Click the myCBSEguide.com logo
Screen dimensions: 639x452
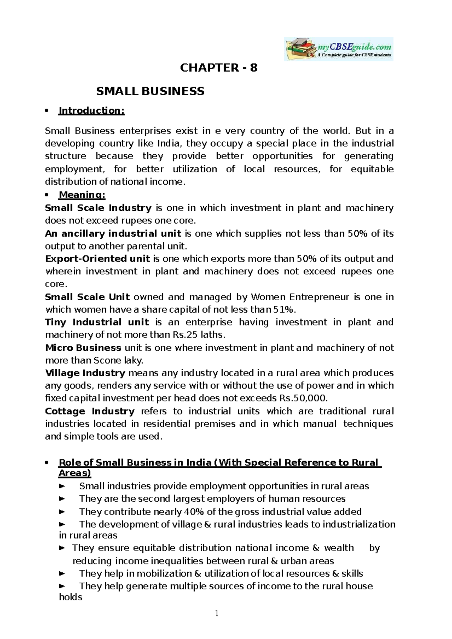[338, 49]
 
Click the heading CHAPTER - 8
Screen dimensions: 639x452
[219, 68]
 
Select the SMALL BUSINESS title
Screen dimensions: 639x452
[150, 91]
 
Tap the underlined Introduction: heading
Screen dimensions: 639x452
[91, 111]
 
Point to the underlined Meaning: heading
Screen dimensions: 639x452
[82, 195]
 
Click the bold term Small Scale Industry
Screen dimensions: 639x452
[98, 208]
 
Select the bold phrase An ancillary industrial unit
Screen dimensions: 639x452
[113, 233]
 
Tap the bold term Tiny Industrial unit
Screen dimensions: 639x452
[97, 322]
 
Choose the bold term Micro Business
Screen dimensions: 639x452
[83, 348]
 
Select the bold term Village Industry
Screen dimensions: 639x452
[85, 373]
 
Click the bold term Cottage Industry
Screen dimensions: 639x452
[89, 411]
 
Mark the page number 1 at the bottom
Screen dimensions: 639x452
[217, 614]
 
